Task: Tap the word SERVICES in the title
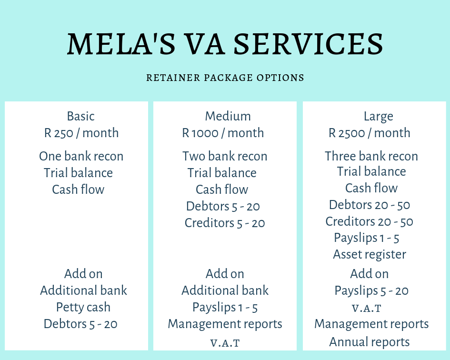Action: pos(309,44)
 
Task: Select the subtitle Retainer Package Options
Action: pos(225,78)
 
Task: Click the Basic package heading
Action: pos(80,116)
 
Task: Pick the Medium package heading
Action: pos(228,116)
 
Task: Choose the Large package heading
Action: pos(378,117)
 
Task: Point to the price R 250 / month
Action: pos(81,133)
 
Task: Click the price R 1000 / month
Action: pos(223,133)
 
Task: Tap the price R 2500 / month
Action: pos(370,133)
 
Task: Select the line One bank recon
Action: pos(81,156)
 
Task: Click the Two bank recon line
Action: pos(225,156)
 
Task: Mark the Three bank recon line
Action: pos(371,156)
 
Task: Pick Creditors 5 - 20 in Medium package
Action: pos(225,223)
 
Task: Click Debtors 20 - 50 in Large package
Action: pos(370,205)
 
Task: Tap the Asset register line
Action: pos(370,255)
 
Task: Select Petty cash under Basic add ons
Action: pos(83,307)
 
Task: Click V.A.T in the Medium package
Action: pos(225,343)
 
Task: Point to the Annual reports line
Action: pos(370,342)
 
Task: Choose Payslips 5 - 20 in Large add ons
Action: pos(371,291)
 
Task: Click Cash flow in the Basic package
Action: pos(78,190)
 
